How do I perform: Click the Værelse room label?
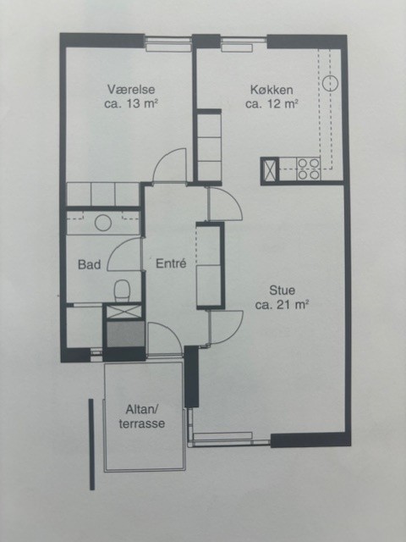point(131,89)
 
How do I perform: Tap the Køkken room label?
point(272,90)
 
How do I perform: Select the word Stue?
point(282,290)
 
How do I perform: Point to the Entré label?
point(171,263)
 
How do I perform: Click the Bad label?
point(90,264)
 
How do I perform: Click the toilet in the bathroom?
point(122,290)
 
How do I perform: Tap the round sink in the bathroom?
point(103,223)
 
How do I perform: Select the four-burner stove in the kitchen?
point(308,169)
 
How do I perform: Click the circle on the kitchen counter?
point(330,83)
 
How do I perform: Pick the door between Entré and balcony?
point(165,339)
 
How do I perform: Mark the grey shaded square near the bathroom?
point(126,334)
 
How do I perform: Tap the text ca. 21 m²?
point(282,305)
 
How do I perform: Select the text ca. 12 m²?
point(272,103)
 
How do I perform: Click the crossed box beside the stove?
point(270,169)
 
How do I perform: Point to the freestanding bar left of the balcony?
point(91,445)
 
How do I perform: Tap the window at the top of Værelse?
point(167,44)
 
